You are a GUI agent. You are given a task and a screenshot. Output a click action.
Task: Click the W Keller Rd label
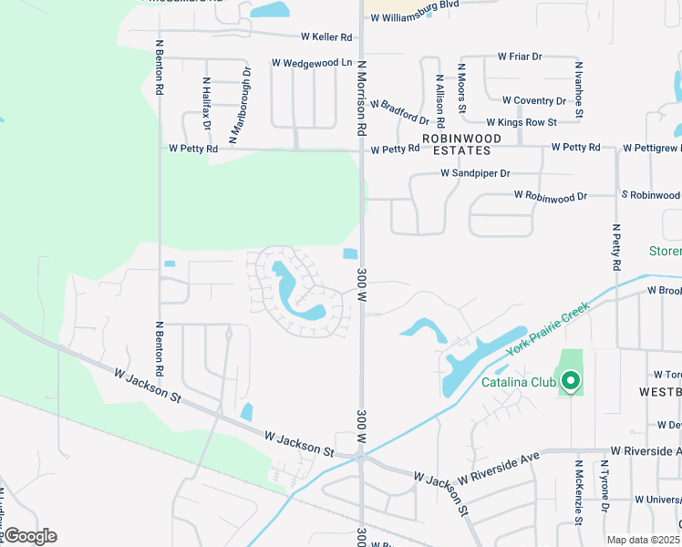pos(326,37)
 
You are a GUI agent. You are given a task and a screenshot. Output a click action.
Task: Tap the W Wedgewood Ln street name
pos(311,63)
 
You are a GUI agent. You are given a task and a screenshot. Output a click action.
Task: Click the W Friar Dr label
pos(520,57)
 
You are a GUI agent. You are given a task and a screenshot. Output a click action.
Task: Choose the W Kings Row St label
pos(522,122)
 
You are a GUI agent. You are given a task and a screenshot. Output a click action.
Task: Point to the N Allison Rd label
pos(440,100)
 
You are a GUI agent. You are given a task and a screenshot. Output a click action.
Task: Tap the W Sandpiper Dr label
pos(475,172)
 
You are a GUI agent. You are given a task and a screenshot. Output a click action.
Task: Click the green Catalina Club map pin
pos(571,380)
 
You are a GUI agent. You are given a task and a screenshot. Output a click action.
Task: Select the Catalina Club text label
pos(515,383)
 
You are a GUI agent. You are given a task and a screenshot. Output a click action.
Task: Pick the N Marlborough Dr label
pos(241,105)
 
